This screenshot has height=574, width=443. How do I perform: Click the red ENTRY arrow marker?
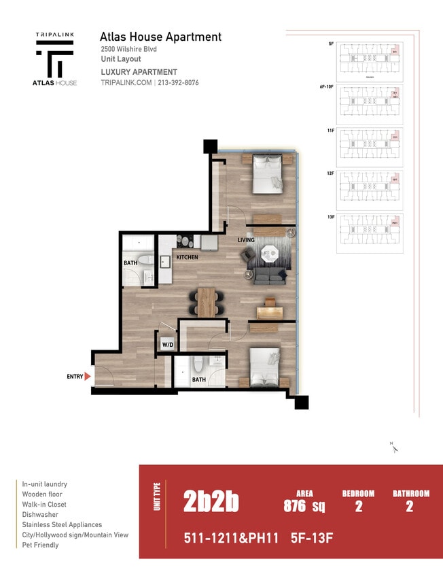coord(87,375)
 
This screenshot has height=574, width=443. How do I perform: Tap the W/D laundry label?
coord(167,344)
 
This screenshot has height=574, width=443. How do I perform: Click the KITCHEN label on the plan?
coord(188,258)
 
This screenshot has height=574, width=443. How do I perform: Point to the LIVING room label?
coord(246,240)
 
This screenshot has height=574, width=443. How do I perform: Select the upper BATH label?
coord(130,263)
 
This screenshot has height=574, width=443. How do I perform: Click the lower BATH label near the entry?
coord(198,379)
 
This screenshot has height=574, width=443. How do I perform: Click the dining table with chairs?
coord(207,301)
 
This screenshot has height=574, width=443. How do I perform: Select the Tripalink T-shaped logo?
coord(55,58)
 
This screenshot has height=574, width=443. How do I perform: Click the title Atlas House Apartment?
coord(160,37)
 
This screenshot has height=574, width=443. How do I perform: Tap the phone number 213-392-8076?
coord(179,83)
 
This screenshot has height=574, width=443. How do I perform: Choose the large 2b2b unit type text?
coord(211,502)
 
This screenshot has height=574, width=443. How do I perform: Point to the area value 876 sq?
coord(304,505)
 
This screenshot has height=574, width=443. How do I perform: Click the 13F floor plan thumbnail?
coord(370,233)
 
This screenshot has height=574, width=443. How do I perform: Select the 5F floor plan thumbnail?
coord(370,61)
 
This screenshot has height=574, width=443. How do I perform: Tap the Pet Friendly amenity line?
coord(40,545)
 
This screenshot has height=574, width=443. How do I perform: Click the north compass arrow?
coord(394,448)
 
